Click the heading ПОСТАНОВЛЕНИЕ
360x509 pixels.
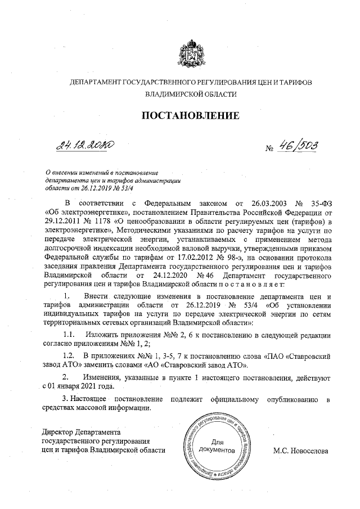(190, 116)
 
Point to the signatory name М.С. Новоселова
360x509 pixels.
(300, 451)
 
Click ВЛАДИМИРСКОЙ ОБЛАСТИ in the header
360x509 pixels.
(190, 94)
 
